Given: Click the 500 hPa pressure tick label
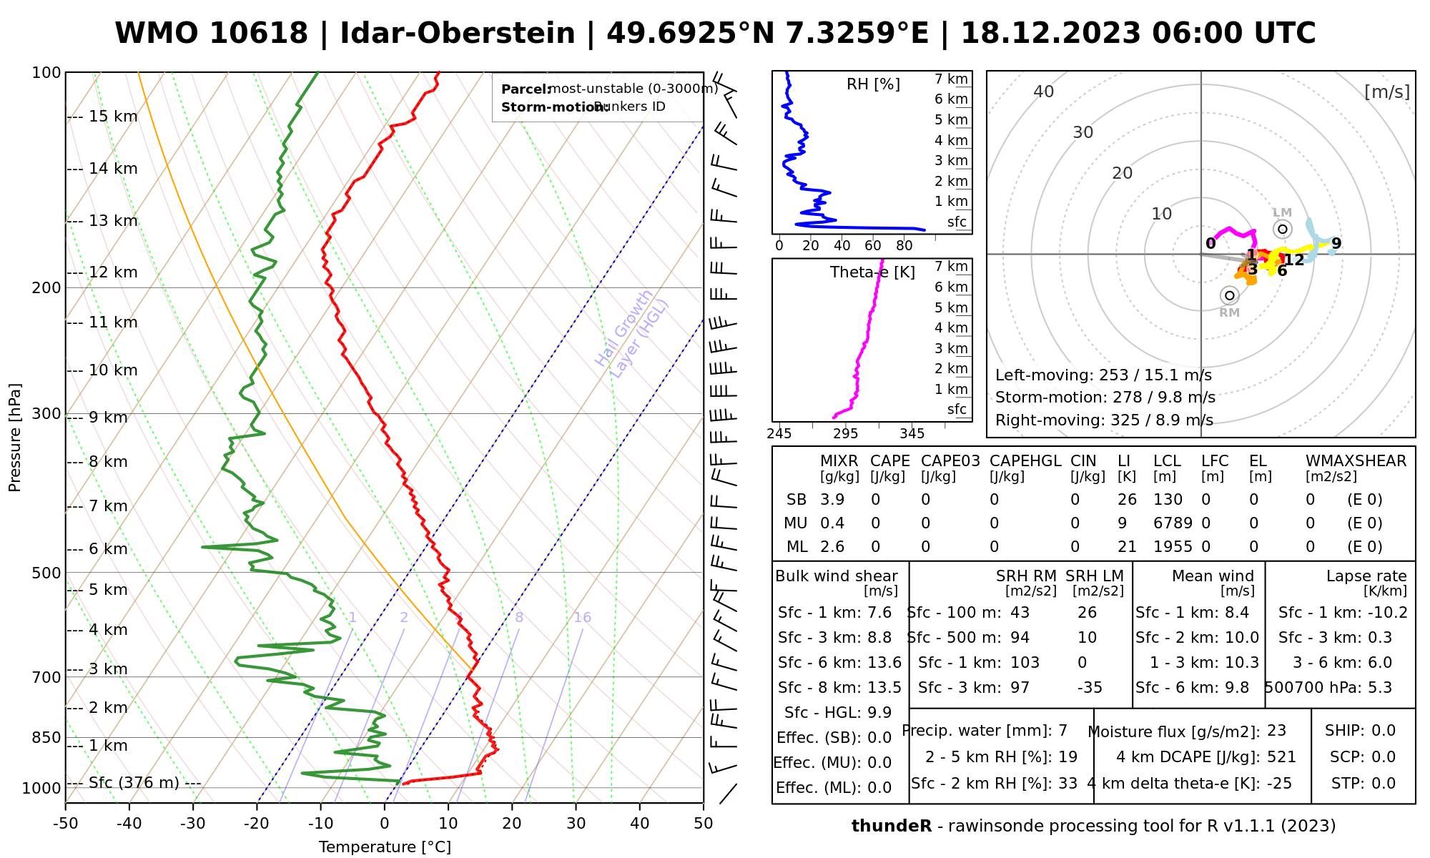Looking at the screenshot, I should [47, 573].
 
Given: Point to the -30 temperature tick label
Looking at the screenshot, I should [192, 824].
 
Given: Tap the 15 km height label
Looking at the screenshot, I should [113, 117].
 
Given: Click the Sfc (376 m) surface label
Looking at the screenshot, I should [134, 783].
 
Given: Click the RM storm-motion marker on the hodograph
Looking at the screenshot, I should [1229, 295].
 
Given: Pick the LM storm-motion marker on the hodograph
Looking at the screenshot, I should [1283, 229].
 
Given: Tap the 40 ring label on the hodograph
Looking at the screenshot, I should [1044, 92].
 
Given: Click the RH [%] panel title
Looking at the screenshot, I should [873, 84].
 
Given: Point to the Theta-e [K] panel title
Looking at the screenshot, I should [872, 272].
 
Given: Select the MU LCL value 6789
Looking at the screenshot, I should [1173, 523].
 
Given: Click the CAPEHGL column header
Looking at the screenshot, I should [1025, 461].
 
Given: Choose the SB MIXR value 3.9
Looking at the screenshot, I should [832, 500].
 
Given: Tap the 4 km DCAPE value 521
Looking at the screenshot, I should [1281, 757].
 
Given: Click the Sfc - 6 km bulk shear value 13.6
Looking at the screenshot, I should [884, 663].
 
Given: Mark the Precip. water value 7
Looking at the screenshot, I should [1062, 731].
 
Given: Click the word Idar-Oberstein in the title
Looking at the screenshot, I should [458, 34].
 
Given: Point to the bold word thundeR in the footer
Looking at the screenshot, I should [892, 827].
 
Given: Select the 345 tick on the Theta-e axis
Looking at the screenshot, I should [912, 434].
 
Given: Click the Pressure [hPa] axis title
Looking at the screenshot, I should [15, 438].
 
